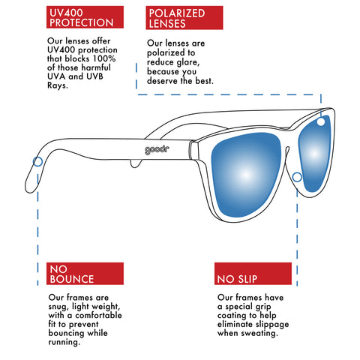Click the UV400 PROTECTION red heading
pos(85,17)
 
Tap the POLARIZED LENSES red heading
pos(184,18)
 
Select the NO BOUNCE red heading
pos(85,274)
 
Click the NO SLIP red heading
pos(253,274)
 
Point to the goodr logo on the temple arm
pos(157,150)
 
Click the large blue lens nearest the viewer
pos(246,175)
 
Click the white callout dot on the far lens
pos(321,122)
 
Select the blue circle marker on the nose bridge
pos(297,177)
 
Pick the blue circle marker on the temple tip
pos(37,162)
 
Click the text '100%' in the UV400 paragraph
pos(104,58)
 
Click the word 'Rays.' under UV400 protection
pos(58,85)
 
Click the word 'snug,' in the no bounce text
pos(58,307)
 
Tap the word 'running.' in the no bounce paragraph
pos(64,342)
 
